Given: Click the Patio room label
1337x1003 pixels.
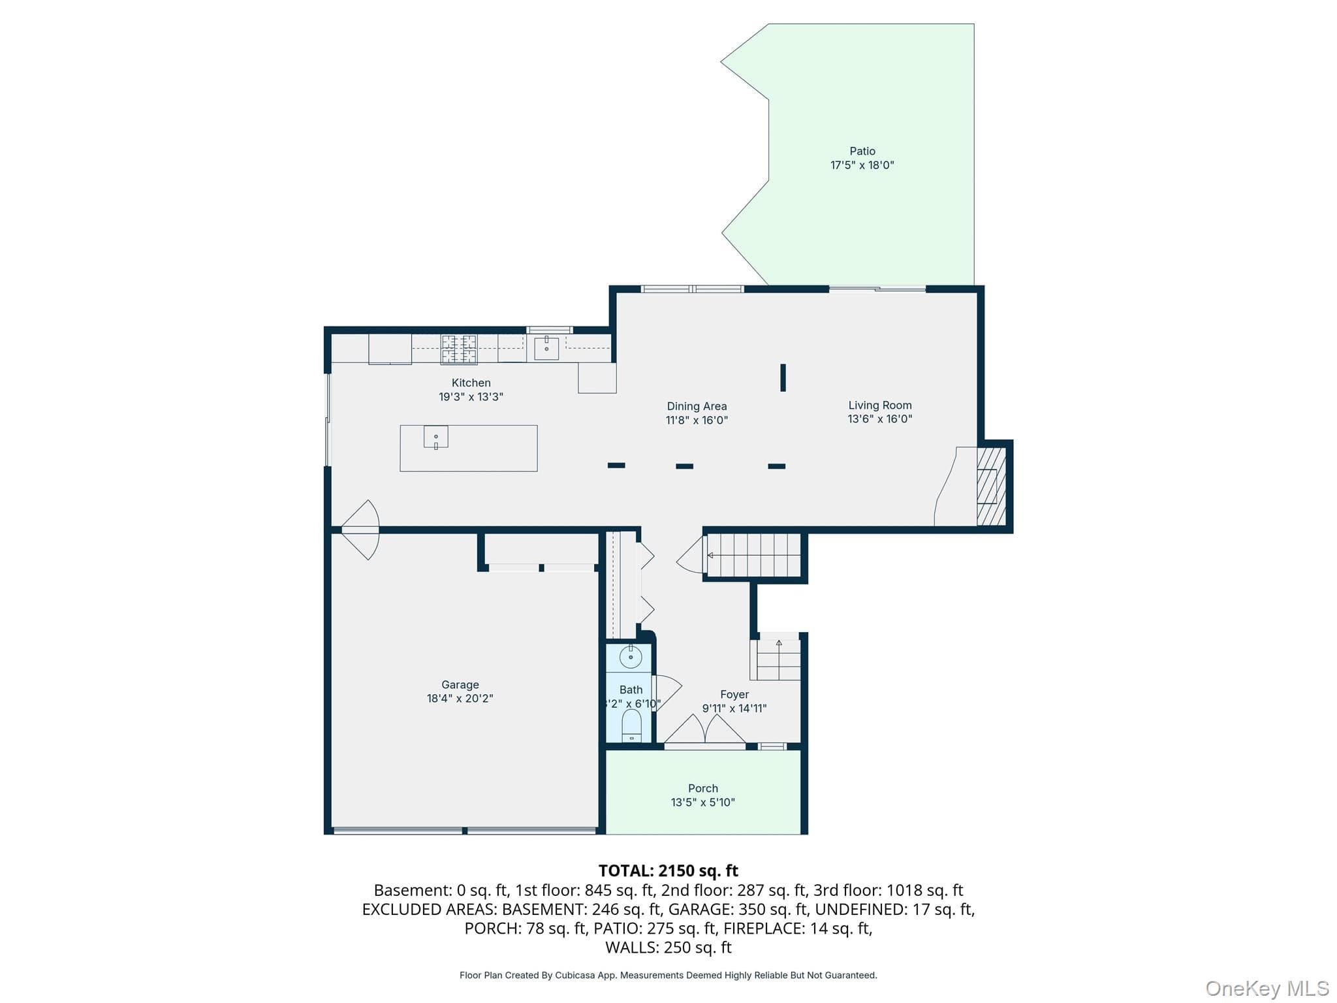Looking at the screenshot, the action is [862, 151].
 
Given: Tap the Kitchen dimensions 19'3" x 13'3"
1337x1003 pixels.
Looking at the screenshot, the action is [471, 397].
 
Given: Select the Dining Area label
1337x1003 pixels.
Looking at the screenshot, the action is [697, 406].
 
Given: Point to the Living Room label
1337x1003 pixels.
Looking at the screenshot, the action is [880, 406].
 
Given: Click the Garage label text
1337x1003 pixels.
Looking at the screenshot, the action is [460, 684].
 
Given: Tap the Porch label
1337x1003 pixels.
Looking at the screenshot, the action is [703, 788].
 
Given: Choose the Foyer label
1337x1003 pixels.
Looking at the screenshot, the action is [734, 694].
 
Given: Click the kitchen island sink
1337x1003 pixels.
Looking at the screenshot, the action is [436, 436].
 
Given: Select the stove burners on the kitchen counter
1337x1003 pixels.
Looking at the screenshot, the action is [459, 349].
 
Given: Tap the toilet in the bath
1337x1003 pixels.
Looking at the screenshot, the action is [631, 726].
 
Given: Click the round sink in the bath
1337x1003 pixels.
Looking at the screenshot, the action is [631, 657].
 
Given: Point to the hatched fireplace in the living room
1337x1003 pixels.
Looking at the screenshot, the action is [991, 486].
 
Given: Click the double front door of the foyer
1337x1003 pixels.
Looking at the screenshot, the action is [705, 729].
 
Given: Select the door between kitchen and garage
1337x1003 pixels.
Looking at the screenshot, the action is [360, 530].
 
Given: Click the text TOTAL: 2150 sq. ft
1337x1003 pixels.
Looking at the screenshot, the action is [668, 870].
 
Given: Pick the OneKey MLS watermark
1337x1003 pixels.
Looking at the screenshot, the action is [1267, 988].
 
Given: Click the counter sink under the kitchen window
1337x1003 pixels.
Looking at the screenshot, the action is [546, 348].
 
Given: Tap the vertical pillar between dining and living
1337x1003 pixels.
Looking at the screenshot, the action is [783, 377].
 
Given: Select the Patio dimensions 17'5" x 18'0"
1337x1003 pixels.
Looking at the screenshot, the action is [862, 165].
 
